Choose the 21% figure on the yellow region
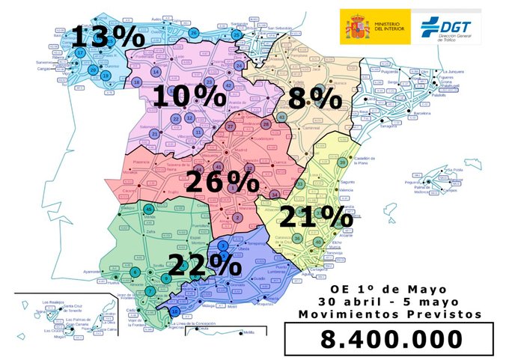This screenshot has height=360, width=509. click(x=315, y=217)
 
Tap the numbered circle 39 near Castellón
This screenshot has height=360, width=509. click(x=342, y=163)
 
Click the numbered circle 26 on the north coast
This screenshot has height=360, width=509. click(x=194, y=32)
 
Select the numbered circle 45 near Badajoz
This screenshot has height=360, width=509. click(x=149, y=209)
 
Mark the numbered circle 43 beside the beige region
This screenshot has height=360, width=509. click(x=281, y=118)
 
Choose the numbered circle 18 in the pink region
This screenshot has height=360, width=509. click(x=137, y=82)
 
